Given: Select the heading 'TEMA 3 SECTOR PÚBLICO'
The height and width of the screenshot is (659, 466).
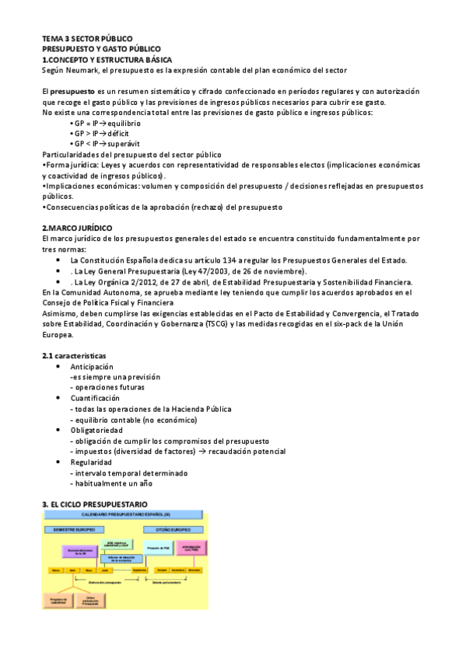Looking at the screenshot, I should (x=87, y=38).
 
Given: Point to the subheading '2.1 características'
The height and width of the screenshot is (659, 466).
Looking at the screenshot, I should (x=75, y=356).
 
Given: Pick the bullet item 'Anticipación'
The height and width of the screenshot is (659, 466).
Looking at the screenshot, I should (x=92, y=367).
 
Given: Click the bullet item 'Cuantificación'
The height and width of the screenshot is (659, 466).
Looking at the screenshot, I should (x=95, y=398).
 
